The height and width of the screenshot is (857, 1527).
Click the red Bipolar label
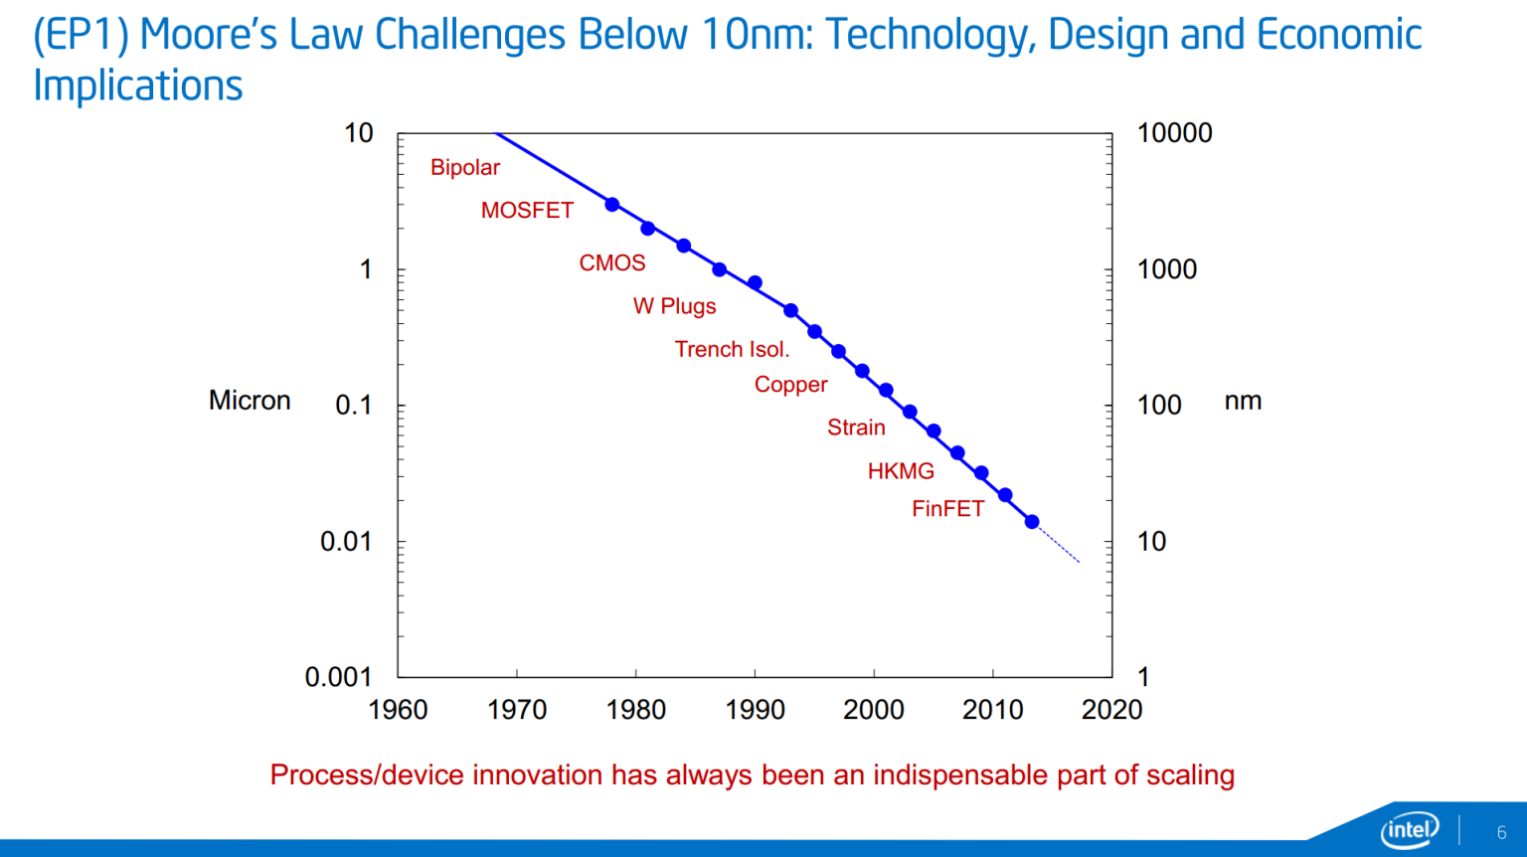click(x=464, y=168)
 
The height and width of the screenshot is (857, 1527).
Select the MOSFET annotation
click(x=527, y=211)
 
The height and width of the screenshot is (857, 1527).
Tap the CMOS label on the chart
click(x=612, y=263)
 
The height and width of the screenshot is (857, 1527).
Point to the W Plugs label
click(x=674, y=306)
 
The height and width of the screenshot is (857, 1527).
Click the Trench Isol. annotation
click(x=732, y=350)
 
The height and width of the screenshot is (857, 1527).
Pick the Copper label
click(x=790, y=385)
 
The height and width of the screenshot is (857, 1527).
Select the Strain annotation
click(x=856, y=428)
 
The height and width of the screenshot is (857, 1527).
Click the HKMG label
click(x=901, y=471)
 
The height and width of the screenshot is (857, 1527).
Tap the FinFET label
click(x=947, y=509)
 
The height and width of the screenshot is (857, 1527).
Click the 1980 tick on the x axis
click(x=636, y=710)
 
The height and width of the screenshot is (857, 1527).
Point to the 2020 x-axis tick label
click(x=1111, y=710)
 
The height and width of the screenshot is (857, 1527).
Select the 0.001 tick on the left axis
click(x=338, y=677)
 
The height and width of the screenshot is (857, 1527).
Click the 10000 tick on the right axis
click(x=1174, y=133)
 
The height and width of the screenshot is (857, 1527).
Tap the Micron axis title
click(x=250, y=401)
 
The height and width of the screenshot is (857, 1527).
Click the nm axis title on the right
click(x=1243, y=401)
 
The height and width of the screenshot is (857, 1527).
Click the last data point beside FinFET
click(x=1032, y=522)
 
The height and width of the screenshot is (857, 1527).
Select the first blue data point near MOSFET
click(x=612, y=205)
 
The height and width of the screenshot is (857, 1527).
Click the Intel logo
click(x=1409, y=830)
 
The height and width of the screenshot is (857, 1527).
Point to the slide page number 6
click(x=1501, y=832)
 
